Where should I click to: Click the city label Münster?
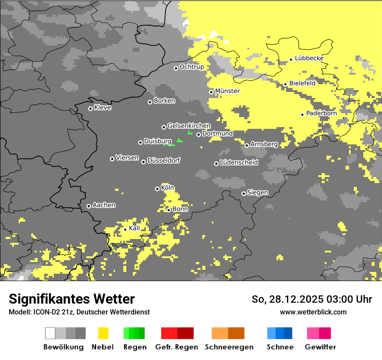click(x=227, y=91)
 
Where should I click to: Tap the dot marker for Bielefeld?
click(x=285, y=84)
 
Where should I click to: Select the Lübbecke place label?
click(x=309, y=58)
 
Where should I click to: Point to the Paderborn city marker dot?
click(x=302, y=115)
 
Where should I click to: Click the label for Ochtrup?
click(x=191, y=67)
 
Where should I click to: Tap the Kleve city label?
click(x=102, y=108)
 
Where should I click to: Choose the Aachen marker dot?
click(x=89, y=206)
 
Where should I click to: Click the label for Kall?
click(x=134, y=228)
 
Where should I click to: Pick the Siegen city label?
click(x=257, y=193)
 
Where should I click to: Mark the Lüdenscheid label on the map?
click(x=239, y=163)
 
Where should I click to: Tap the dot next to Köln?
click(x=157, y=189)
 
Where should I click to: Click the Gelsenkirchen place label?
click(x=189, y=126)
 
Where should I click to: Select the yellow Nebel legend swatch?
click(x=103, y=333)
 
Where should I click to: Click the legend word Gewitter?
click(x=320, y=347)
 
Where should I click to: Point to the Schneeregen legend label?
click(x=229, y=347)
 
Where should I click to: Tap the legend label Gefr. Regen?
click(x=176, y=347)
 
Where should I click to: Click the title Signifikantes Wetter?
click(x=72, y=299)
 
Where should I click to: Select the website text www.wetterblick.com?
click(x=313, y=312)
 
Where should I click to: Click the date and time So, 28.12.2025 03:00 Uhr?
click(x=312, y=299)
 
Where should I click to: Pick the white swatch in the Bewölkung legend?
click(x=50, y=333)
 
